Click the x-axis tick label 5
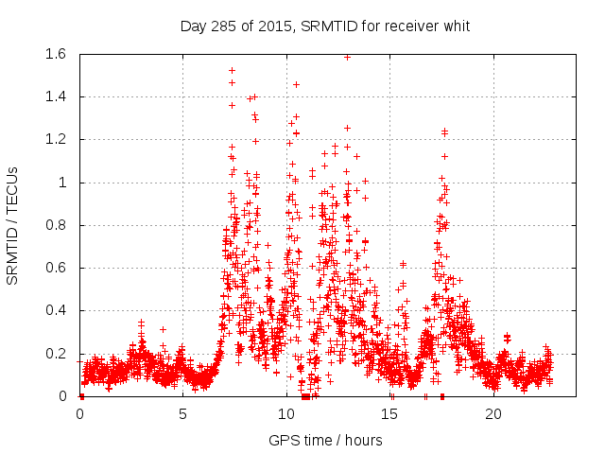tap(183, 414)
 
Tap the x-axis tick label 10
tap(286, 414)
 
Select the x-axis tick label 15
tap(390, 414)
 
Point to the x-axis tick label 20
tap(493, 414)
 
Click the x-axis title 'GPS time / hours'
tap(325, 440)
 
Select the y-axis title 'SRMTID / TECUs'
tap(13, 226)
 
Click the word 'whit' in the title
tap(456, 25)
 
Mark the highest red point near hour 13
tap(348, 57)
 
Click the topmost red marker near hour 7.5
tap(232, 71)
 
